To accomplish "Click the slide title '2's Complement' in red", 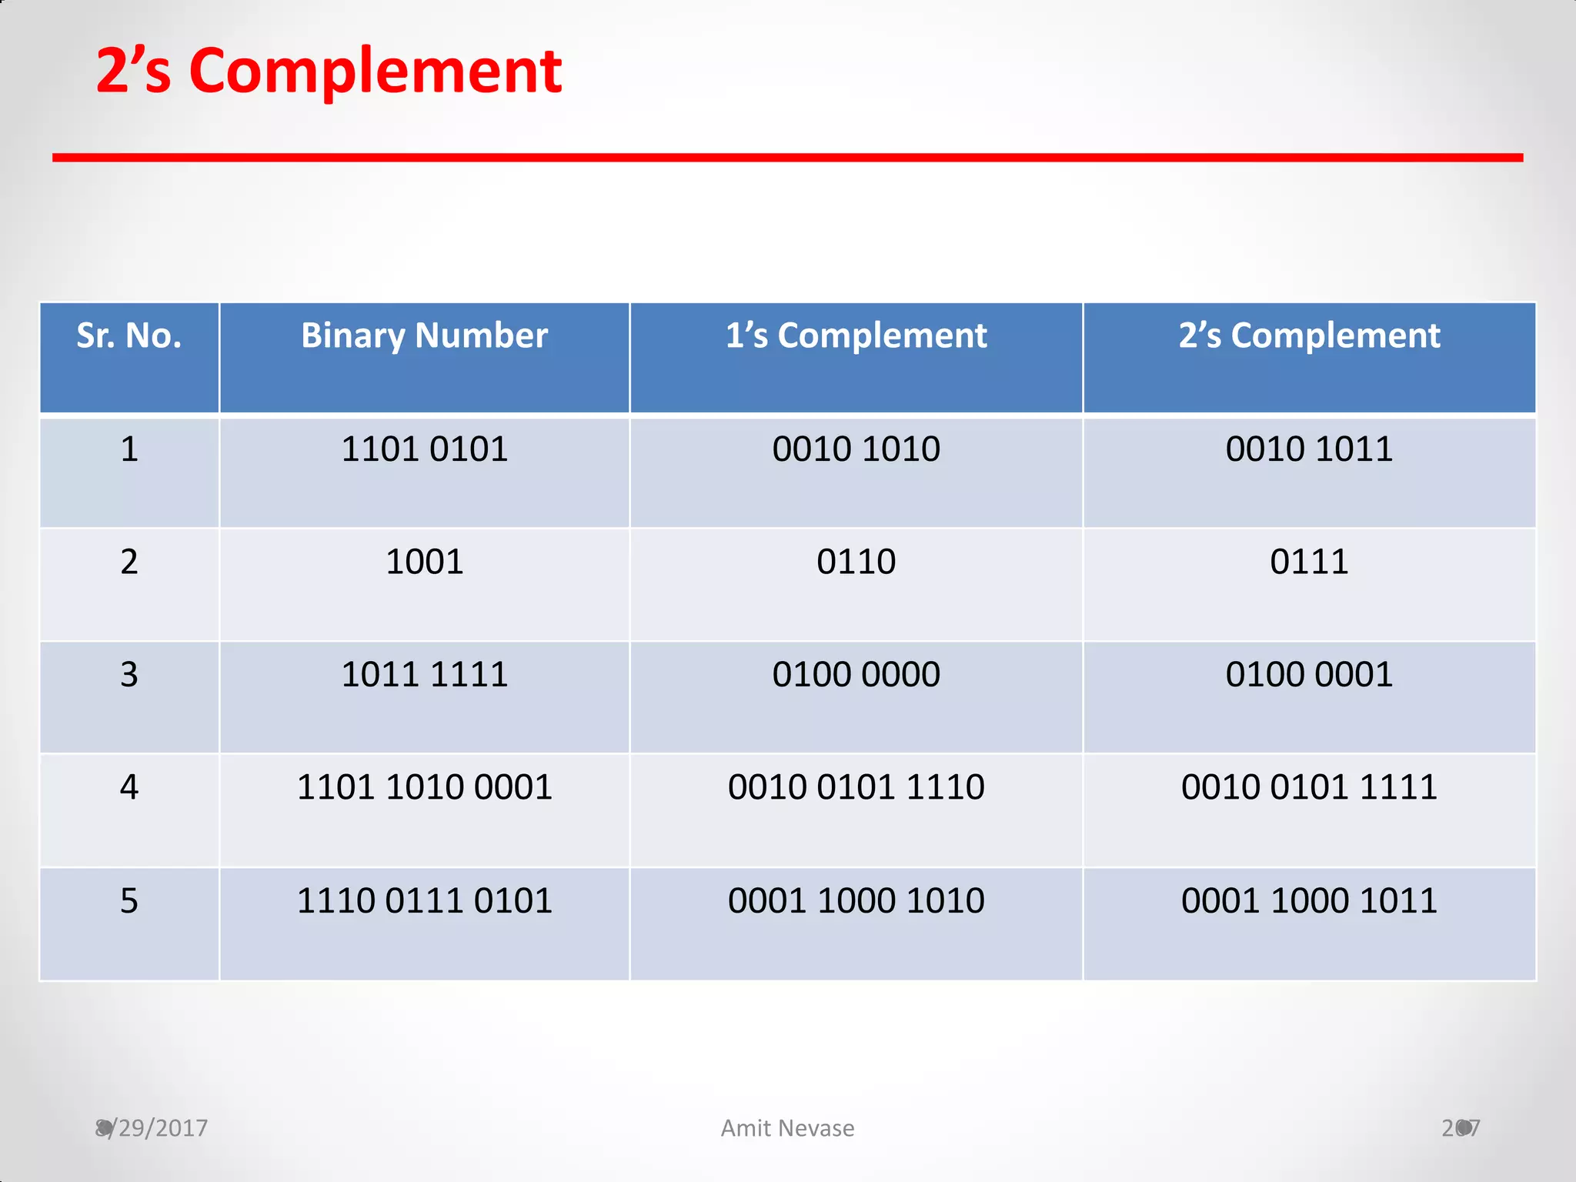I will click(329, 71).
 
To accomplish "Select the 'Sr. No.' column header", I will click(129, 336).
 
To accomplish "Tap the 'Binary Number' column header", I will click(424, 336).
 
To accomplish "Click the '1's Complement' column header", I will click(856, 336).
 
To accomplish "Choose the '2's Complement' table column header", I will click(1309, 336).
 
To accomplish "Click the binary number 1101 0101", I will click(424, 449).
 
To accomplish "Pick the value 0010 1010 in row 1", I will click(856, 449).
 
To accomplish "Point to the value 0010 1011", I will click(1309, 449).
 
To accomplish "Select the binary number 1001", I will click(424, 562).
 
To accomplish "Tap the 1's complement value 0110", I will click(856, 562).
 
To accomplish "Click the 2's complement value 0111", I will click(1309, 562).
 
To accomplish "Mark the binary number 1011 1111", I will click(424, 674).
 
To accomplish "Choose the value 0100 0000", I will click(856, 674).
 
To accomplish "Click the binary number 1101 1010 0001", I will click(424, 787).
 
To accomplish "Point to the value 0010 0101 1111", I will click(1309, 787).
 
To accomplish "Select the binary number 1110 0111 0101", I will click(424, 900).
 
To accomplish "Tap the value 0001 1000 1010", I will click(856, 900).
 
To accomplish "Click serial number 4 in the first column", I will click(129, 787).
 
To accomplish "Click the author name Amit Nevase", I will click(787, 1128).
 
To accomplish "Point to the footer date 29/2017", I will click(152, 1128).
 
